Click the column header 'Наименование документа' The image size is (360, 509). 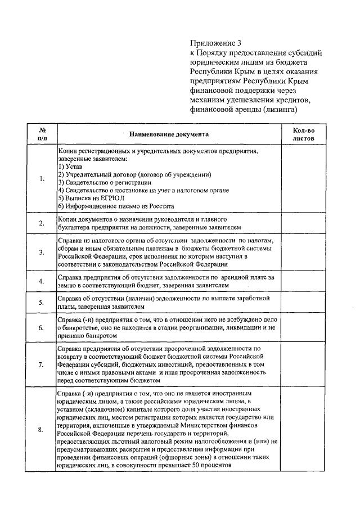click(169, 134)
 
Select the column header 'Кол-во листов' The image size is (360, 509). click(304, 134)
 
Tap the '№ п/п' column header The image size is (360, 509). click(42, 134)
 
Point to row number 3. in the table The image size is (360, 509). click(42, 252)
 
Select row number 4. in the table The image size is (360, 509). click(42, 281)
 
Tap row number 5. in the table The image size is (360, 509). click(42, 303)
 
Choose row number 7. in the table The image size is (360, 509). click(42, 364)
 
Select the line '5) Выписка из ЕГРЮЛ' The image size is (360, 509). click(91, 198)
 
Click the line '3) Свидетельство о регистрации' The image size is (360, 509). click(105, 183)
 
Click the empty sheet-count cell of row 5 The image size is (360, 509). click(304, 303)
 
